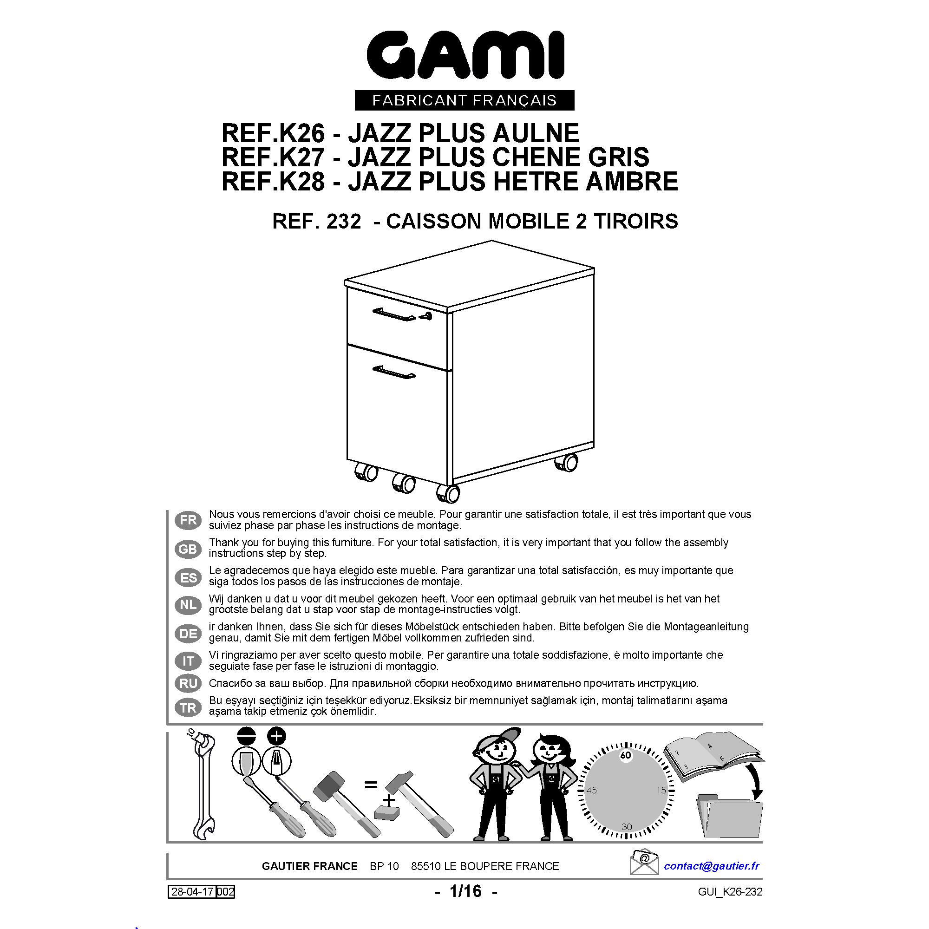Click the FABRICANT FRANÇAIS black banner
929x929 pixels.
pyautogui.click(x=464, y=100)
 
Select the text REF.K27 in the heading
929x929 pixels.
pyautogui.click(x=273, y=157)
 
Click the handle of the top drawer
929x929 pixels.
pyautogui.click(x=394, y=314)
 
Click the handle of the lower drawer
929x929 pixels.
pyautogui.click(x=394, y=372)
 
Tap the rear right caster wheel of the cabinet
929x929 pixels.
pyautogui.click(x=566, y=463)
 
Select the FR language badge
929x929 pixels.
pyautogui.click(x=188, y=520)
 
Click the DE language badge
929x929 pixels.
pyautogui.click(x=188, y=633)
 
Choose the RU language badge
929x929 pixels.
pyautogui.click(x=188, y=683)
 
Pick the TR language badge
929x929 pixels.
pyautogui.click(x=188, y=707)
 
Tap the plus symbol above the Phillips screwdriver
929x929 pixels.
pyautogui.click(x=276, y=736)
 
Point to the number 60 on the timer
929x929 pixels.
pyautogui.click(x=626, y=755)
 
